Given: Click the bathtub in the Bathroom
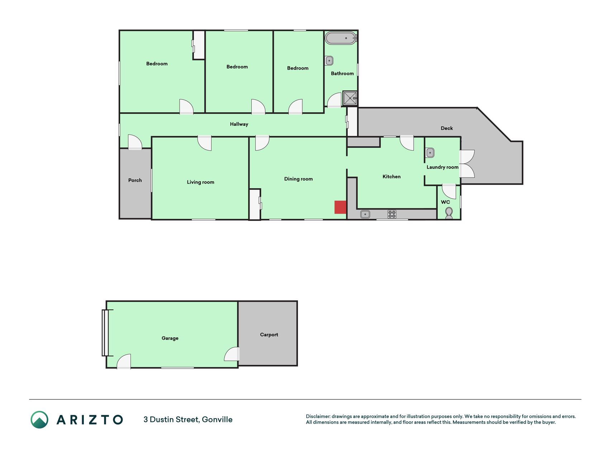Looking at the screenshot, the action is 341,38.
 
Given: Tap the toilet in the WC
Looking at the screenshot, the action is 449,213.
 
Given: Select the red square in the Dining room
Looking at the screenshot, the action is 340,207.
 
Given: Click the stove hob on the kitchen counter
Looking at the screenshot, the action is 392,214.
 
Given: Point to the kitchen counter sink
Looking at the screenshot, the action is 365,214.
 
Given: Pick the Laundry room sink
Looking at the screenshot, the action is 430,153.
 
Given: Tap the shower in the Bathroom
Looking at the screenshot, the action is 350,98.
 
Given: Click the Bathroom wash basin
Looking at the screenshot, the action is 329,61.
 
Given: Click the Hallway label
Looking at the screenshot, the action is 239,124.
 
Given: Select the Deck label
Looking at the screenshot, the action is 447,128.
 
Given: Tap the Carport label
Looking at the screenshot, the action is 269,335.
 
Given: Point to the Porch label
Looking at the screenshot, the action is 135,180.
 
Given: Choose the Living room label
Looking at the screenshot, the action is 200,182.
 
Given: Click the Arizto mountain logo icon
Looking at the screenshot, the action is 39,420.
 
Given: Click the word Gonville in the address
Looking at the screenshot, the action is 217,420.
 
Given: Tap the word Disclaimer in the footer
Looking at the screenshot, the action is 318,416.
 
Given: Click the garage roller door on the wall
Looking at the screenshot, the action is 105,333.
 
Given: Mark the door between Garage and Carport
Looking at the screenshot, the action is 232,354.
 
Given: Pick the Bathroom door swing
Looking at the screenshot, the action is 335,100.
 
